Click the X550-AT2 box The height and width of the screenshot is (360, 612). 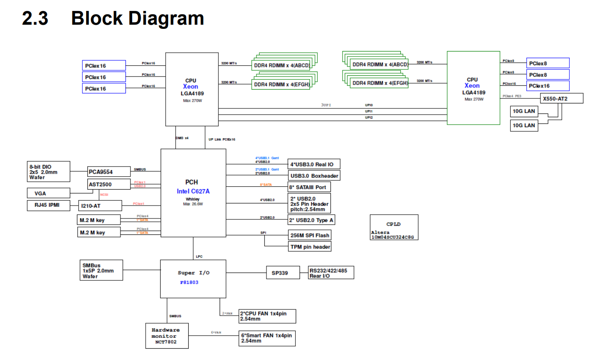click(561, 99)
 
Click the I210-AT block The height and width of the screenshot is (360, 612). click(100, 206)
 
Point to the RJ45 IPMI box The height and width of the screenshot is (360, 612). click(48, 205)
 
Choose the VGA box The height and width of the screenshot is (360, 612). click(48, 193)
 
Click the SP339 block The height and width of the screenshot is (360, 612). click(283, 273)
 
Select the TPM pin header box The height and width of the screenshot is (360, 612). click(310, 247)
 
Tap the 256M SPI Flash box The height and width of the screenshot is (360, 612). click(310, 235)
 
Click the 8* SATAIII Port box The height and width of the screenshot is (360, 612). click(310, 187)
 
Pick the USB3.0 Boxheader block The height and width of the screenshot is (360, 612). click(314, 176)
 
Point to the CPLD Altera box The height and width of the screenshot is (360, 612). click(394, 227)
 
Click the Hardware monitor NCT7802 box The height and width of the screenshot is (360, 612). click(167, 336)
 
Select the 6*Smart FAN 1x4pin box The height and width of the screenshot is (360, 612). click(267, 338)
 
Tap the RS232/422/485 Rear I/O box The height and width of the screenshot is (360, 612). click(331, 273)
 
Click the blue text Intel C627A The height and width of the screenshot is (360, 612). click(193, 191)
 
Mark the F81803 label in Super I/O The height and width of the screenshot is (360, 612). click(189, 283)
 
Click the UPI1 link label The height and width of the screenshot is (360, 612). click(369, 111)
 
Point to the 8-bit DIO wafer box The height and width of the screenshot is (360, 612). click(49, 172)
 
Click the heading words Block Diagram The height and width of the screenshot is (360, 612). click(138, 18)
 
